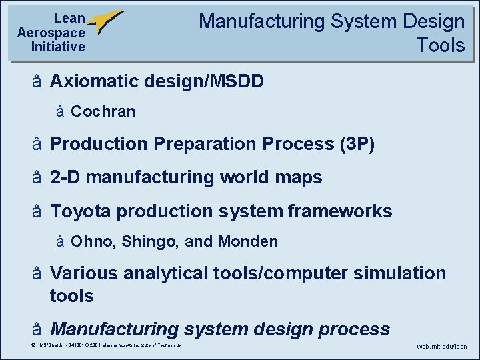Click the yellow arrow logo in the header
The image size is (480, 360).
[105, 23]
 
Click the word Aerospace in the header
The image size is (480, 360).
[51, 33]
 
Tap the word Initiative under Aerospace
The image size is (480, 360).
[57, 47]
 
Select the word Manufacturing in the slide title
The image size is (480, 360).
[261, 21]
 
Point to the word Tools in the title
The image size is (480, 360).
[440, 45]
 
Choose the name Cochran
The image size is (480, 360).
[103, 112]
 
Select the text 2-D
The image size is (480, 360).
[66, 178]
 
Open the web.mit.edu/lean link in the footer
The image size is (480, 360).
[442, 347]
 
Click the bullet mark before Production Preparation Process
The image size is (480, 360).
[38, 144]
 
